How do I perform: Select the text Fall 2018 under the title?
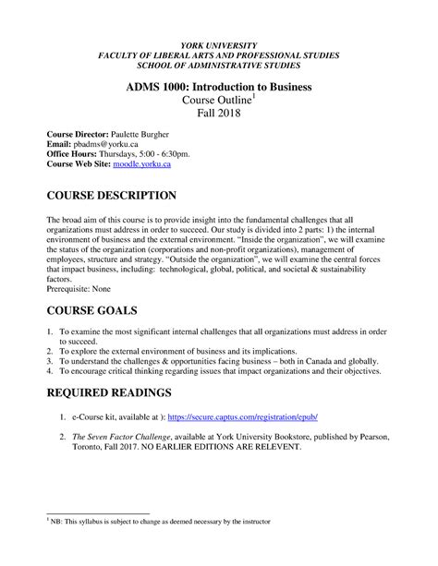pos(219,113)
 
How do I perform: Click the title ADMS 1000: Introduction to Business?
pos(219,87)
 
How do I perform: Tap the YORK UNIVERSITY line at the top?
pos(219,46)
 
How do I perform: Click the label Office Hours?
pos(77,153)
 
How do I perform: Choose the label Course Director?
pos(81,133)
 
